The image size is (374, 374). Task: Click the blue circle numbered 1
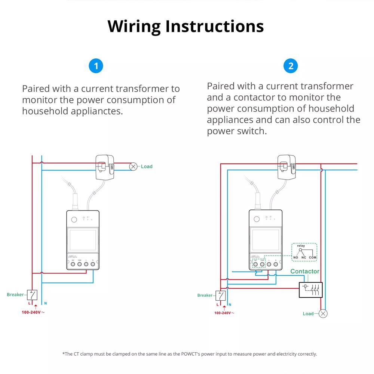tap(96, 66)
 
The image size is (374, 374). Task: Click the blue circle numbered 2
tap(291, 66)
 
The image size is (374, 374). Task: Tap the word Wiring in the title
tap(134, 26)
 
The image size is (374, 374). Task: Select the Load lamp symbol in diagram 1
tap(133, 166)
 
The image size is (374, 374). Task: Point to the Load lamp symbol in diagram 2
tap(323, 313)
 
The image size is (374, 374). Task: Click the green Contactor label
tap(305, 271)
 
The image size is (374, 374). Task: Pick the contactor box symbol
tap(310, 289)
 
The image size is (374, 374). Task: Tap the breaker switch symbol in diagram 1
tap(32, 295)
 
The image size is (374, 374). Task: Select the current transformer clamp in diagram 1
tap(105, 166)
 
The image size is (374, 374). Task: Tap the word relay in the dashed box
tap(301, 246)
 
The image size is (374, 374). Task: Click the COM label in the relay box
tap(313, 258)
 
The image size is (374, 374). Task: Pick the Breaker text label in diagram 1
tap(15, 295)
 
